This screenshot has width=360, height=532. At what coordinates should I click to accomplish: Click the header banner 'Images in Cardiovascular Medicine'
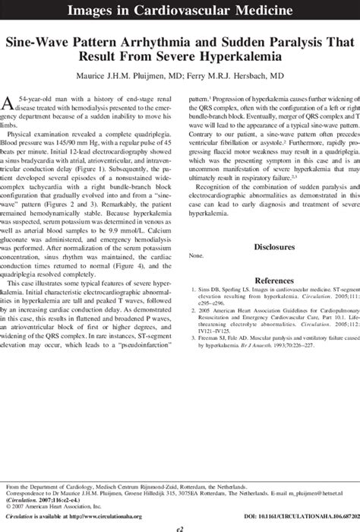pos(179,12)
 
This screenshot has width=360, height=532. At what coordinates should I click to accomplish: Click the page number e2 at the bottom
pos(179,524)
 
